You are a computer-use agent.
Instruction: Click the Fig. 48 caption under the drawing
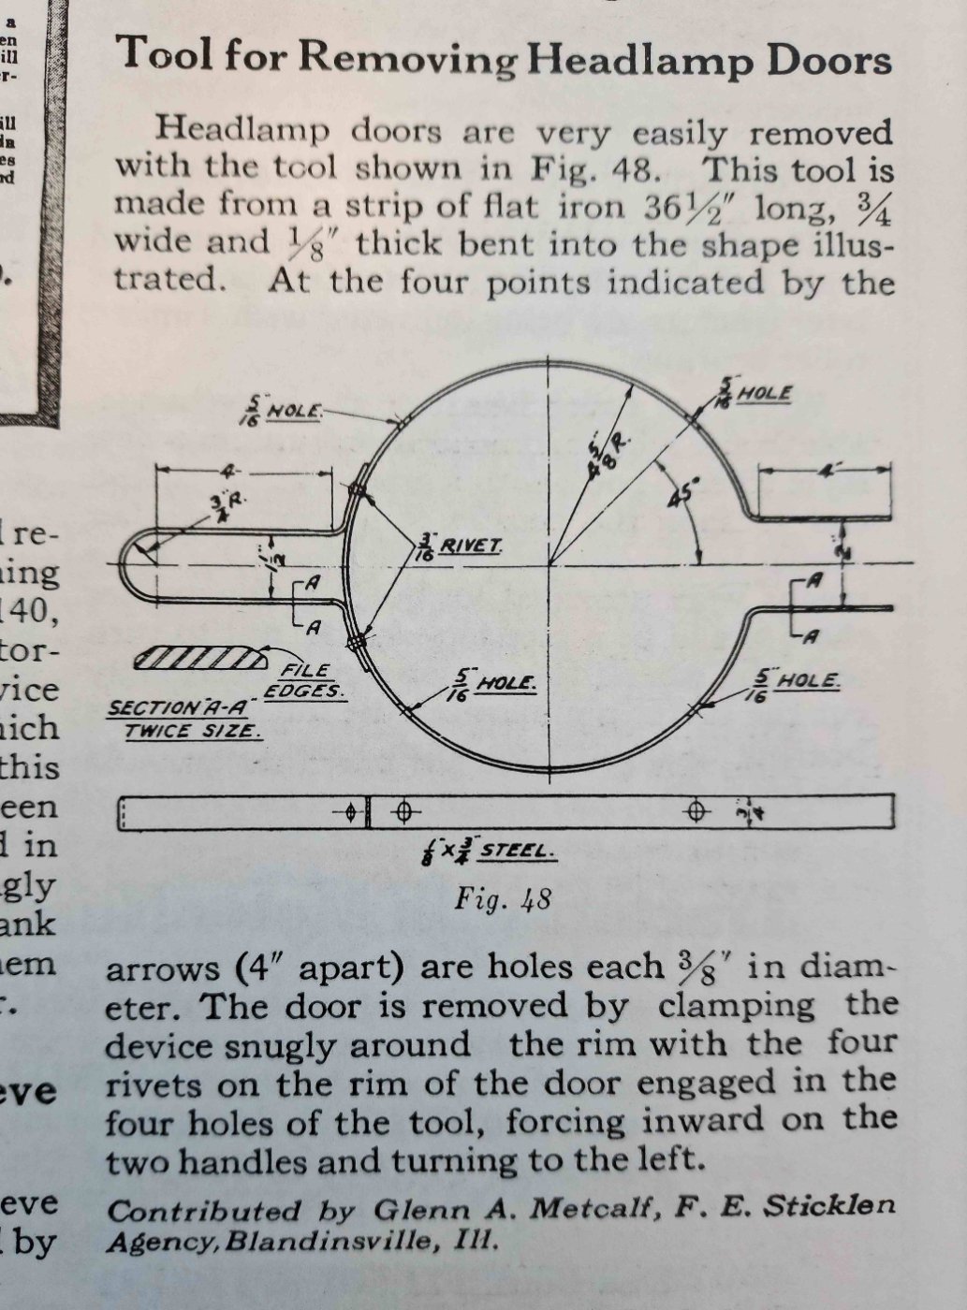[503, 900]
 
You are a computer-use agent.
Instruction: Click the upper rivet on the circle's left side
[356, 490]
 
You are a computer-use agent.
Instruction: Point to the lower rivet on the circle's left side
[357, 643]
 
